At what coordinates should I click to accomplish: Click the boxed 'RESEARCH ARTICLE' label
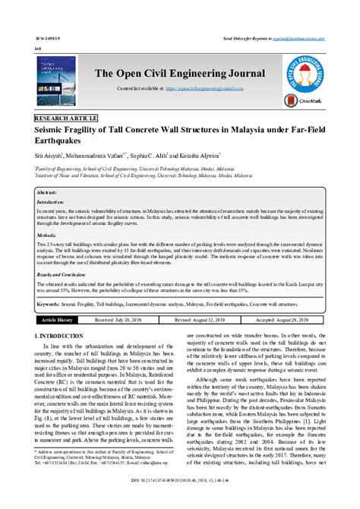[x=67, y=120]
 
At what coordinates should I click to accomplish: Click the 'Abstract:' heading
[x=51, y=194]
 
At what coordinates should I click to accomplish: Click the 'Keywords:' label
[x=52, y=303]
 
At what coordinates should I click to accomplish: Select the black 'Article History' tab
[x=58, y=321]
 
